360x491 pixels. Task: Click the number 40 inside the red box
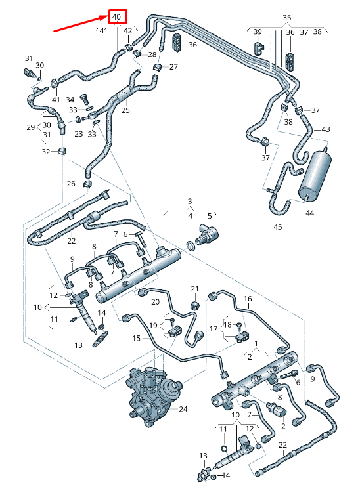pyautogui.click(x=116, y=16)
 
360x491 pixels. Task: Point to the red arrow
pyautogui.click(x=81, y=24)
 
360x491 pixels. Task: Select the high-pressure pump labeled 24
pyautogui.click(x=154, y=396)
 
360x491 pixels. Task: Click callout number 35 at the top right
pyautogui.click(x=286, y=18)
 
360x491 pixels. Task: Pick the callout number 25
pyautogui.click(x=125, y=110)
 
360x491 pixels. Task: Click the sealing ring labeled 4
pyautogui.click(x=191, y=245)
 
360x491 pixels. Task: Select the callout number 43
pyautogui.click(x=326, y=129)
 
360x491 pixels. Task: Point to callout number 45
pyautogui.click(x=278, y=226)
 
